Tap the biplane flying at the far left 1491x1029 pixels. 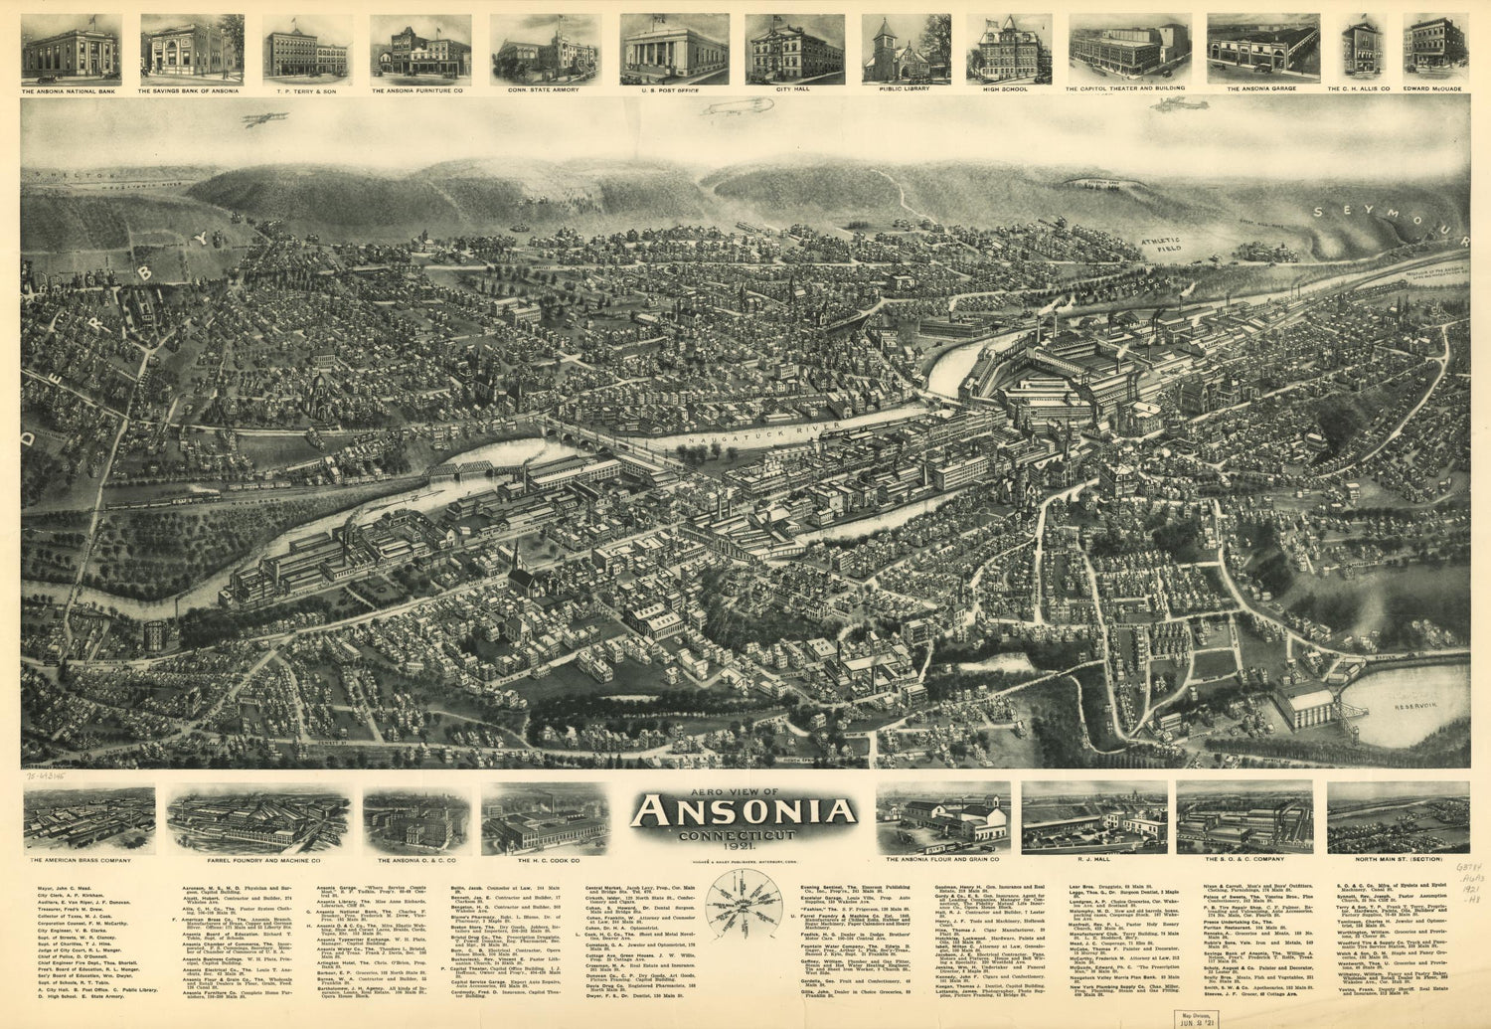tap(263, 118)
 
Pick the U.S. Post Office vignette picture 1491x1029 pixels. tap(674, 49)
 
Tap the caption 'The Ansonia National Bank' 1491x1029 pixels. tap(71, 89)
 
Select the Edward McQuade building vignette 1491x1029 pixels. tap(1435, 46)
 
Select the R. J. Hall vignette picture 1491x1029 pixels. tap(1093, 818)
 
